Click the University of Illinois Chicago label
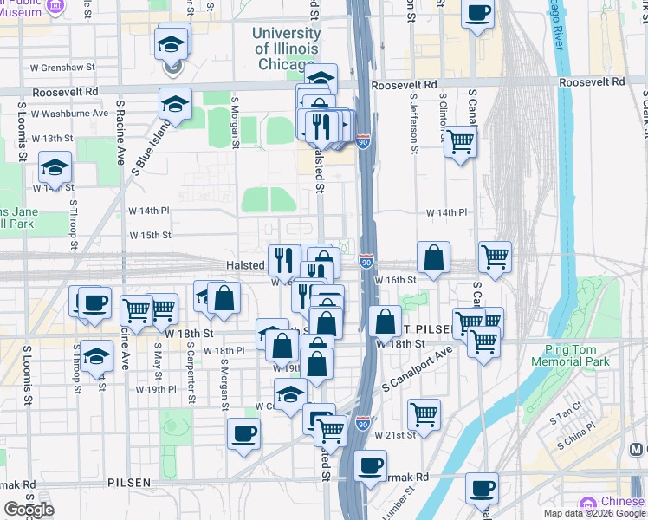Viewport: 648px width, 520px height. pyautogui.click(x=286, y=49)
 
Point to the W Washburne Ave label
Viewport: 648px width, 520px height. pyautogui.click(x=69, y=113)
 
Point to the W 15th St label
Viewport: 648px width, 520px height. pyautogui.click(x=151, y=235)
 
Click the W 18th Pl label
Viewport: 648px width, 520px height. pyautogui.click(x=224, y=350)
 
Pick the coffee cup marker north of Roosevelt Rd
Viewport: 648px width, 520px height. pyautogui.click(x=478, y=14)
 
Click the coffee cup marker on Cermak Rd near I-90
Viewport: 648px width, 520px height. pyautogui.click(x=370, y=466)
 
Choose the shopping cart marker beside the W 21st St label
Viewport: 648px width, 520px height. pyautogui.click(x=424, y=414)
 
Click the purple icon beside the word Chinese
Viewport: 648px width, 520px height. pyautogui.click(x=588, y=504)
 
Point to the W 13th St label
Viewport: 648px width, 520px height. pyautogui.click(x=52, y=139)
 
